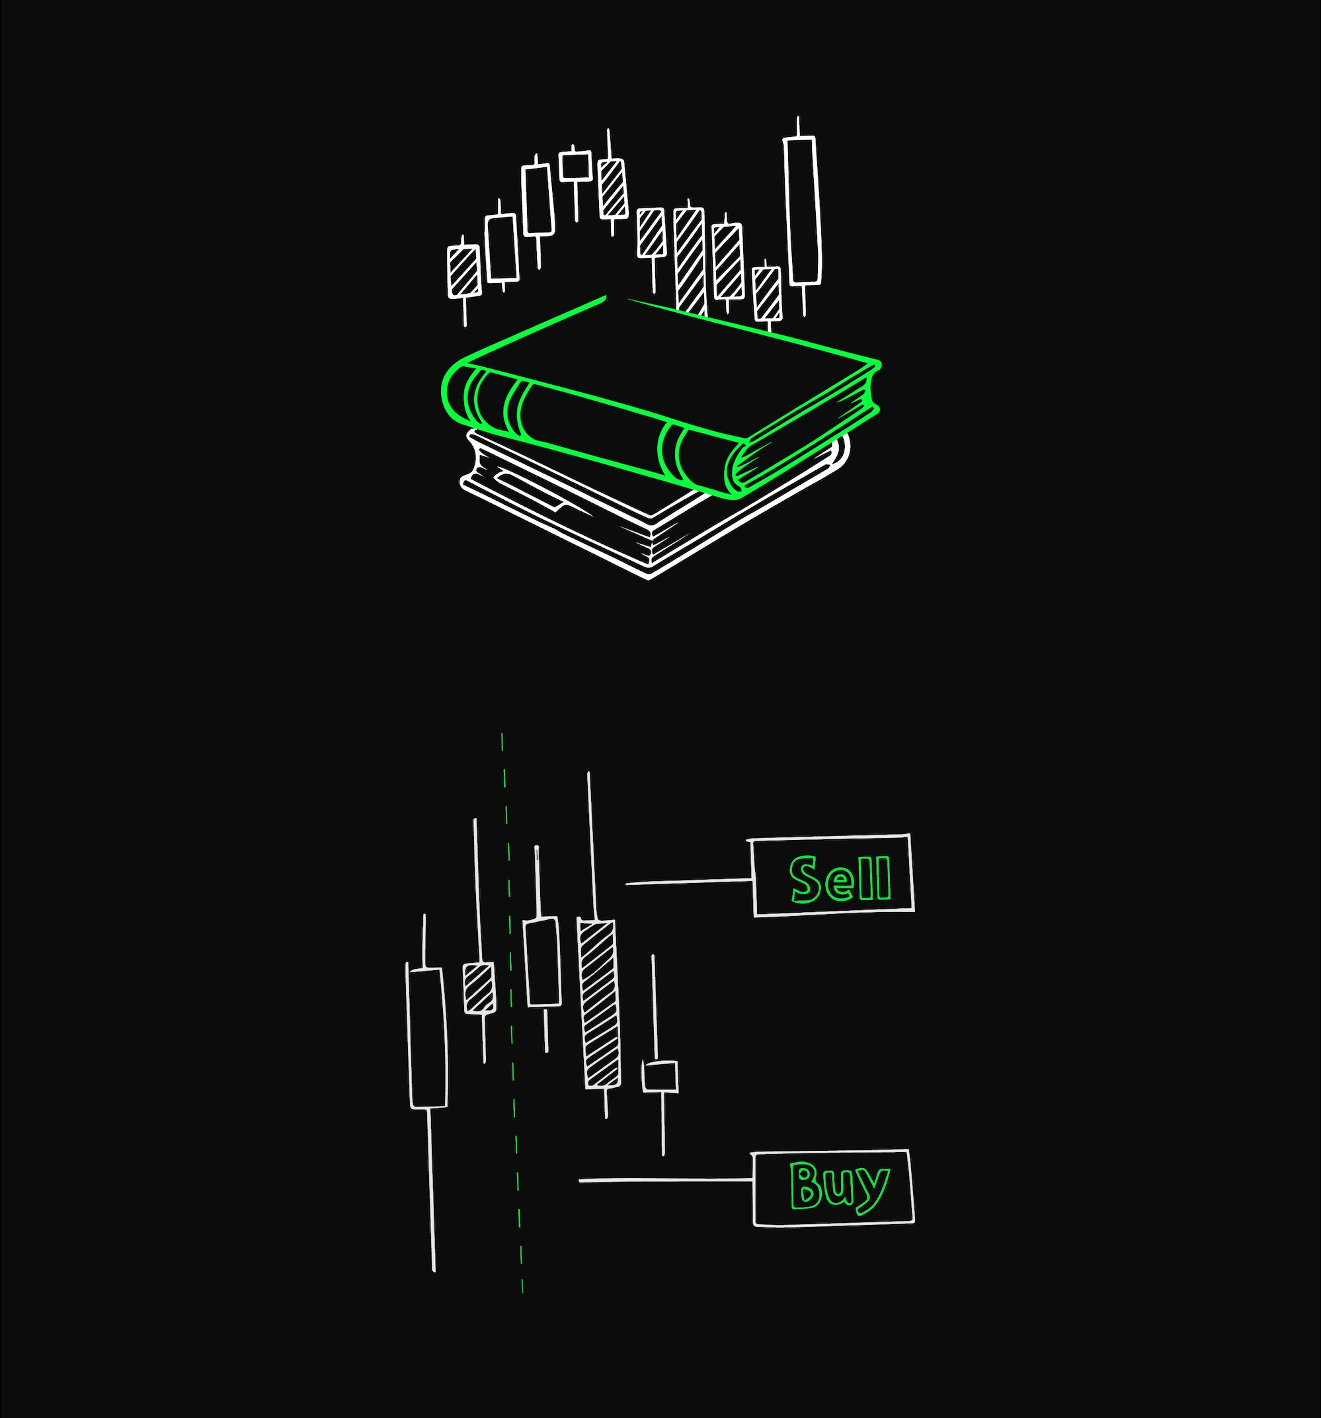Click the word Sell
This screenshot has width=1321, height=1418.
click(840, 878)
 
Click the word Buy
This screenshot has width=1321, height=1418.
click(839, 1187)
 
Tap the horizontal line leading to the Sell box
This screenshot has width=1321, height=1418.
click(690, 882)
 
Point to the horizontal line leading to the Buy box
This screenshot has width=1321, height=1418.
click(666, 1181)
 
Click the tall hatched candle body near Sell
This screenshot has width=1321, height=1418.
click(599, 1004)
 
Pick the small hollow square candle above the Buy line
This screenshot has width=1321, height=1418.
click(660, 1077)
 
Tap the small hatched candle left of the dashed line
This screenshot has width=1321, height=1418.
click(479, 988)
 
